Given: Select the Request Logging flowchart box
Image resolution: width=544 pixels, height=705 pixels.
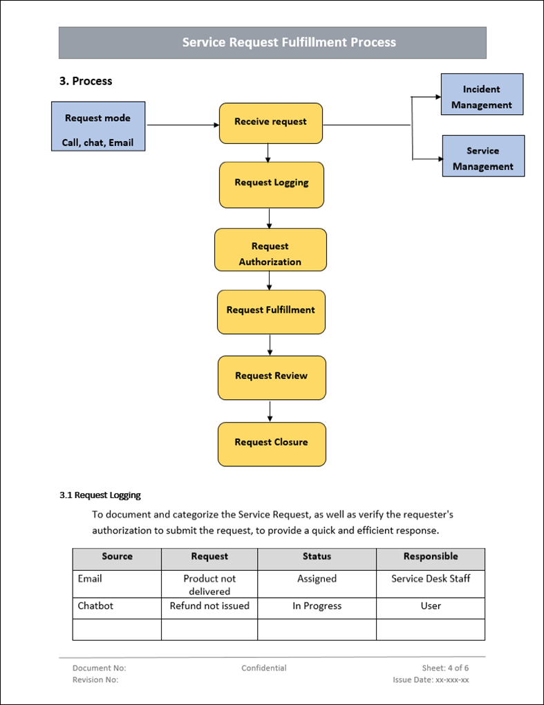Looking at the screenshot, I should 271,184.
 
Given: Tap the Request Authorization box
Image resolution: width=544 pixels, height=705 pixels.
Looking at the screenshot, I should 270,250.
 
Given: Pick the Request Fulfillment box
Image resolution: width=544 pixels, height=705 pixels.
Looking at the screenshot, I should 271,311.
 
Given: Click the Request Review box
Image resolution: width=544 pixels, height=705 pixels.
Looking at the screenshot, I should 271,377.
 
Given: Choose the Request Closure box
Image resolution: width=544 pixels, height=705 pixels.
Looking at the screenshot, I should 271,443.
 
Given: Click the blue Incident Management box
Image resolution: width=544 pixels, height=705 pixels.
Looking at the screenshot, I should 482,95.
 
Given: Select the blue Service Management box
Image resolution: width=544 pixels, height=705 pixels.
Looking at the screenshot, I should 482,156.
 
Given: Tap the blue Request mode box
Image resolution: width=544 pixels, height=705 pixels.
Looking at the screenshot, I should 97,127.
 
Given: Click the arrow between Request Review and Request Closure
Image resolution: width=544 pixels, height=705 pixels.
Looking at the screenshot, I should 270,411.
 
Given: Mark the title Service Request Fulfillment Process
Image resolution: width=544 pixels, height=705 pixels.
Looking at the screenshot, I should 289,42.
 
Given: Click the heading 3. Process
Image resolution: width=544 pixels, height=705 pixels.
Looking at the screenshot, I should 86,81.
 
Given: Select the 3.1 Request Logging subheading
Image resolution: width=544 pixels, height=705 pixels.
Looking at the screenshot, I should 100,495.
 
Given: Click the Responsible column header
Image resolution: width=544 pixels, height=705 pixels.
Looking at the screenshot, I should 430,556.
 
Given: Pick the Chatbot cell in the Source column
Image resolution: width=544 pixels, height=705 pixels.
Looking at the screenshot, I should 95,605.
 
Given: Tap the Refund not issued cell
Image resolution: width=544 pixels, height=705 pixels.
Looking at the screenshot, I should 209,605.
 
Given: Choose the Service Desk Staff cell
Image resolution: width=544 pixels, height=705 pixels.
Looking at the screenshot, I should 430,578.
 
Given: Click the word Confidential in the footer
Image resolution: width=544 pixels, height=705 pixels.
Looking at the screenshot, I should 263,668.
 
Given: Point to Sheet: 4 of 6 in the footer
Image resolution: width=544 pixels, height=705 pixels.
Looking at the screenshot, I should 445,668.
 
